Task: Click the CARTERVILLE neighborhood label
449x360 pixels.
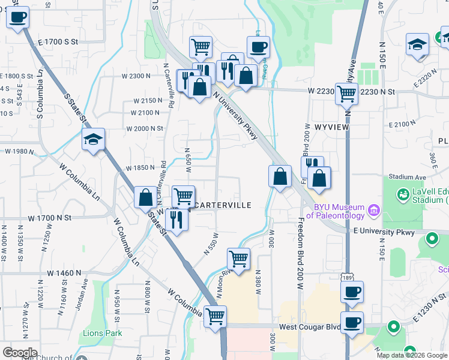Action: (x=223, y=205)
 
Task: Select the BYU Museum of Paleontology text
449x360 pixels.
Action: (x=335, y=211)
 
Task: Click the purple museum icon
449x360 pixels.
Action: (x=374, y=211)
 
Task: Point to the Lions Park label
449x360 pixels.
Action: (x=102, y=333)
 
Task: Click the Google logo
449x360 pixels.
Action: (x=20, y=353)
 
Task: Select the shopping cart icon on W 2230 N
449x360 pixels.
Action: (x=346, y=94)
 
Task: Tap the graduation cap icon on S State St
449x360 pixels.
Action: (x=93, y=140)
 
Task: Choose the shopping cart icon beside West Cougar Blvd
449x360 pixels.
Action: (x=215, y=316)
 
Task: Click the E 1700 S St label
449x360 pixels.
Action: (x=58, y=41)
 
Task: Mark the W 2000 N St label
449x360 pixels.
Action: (x=144, y=128)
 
